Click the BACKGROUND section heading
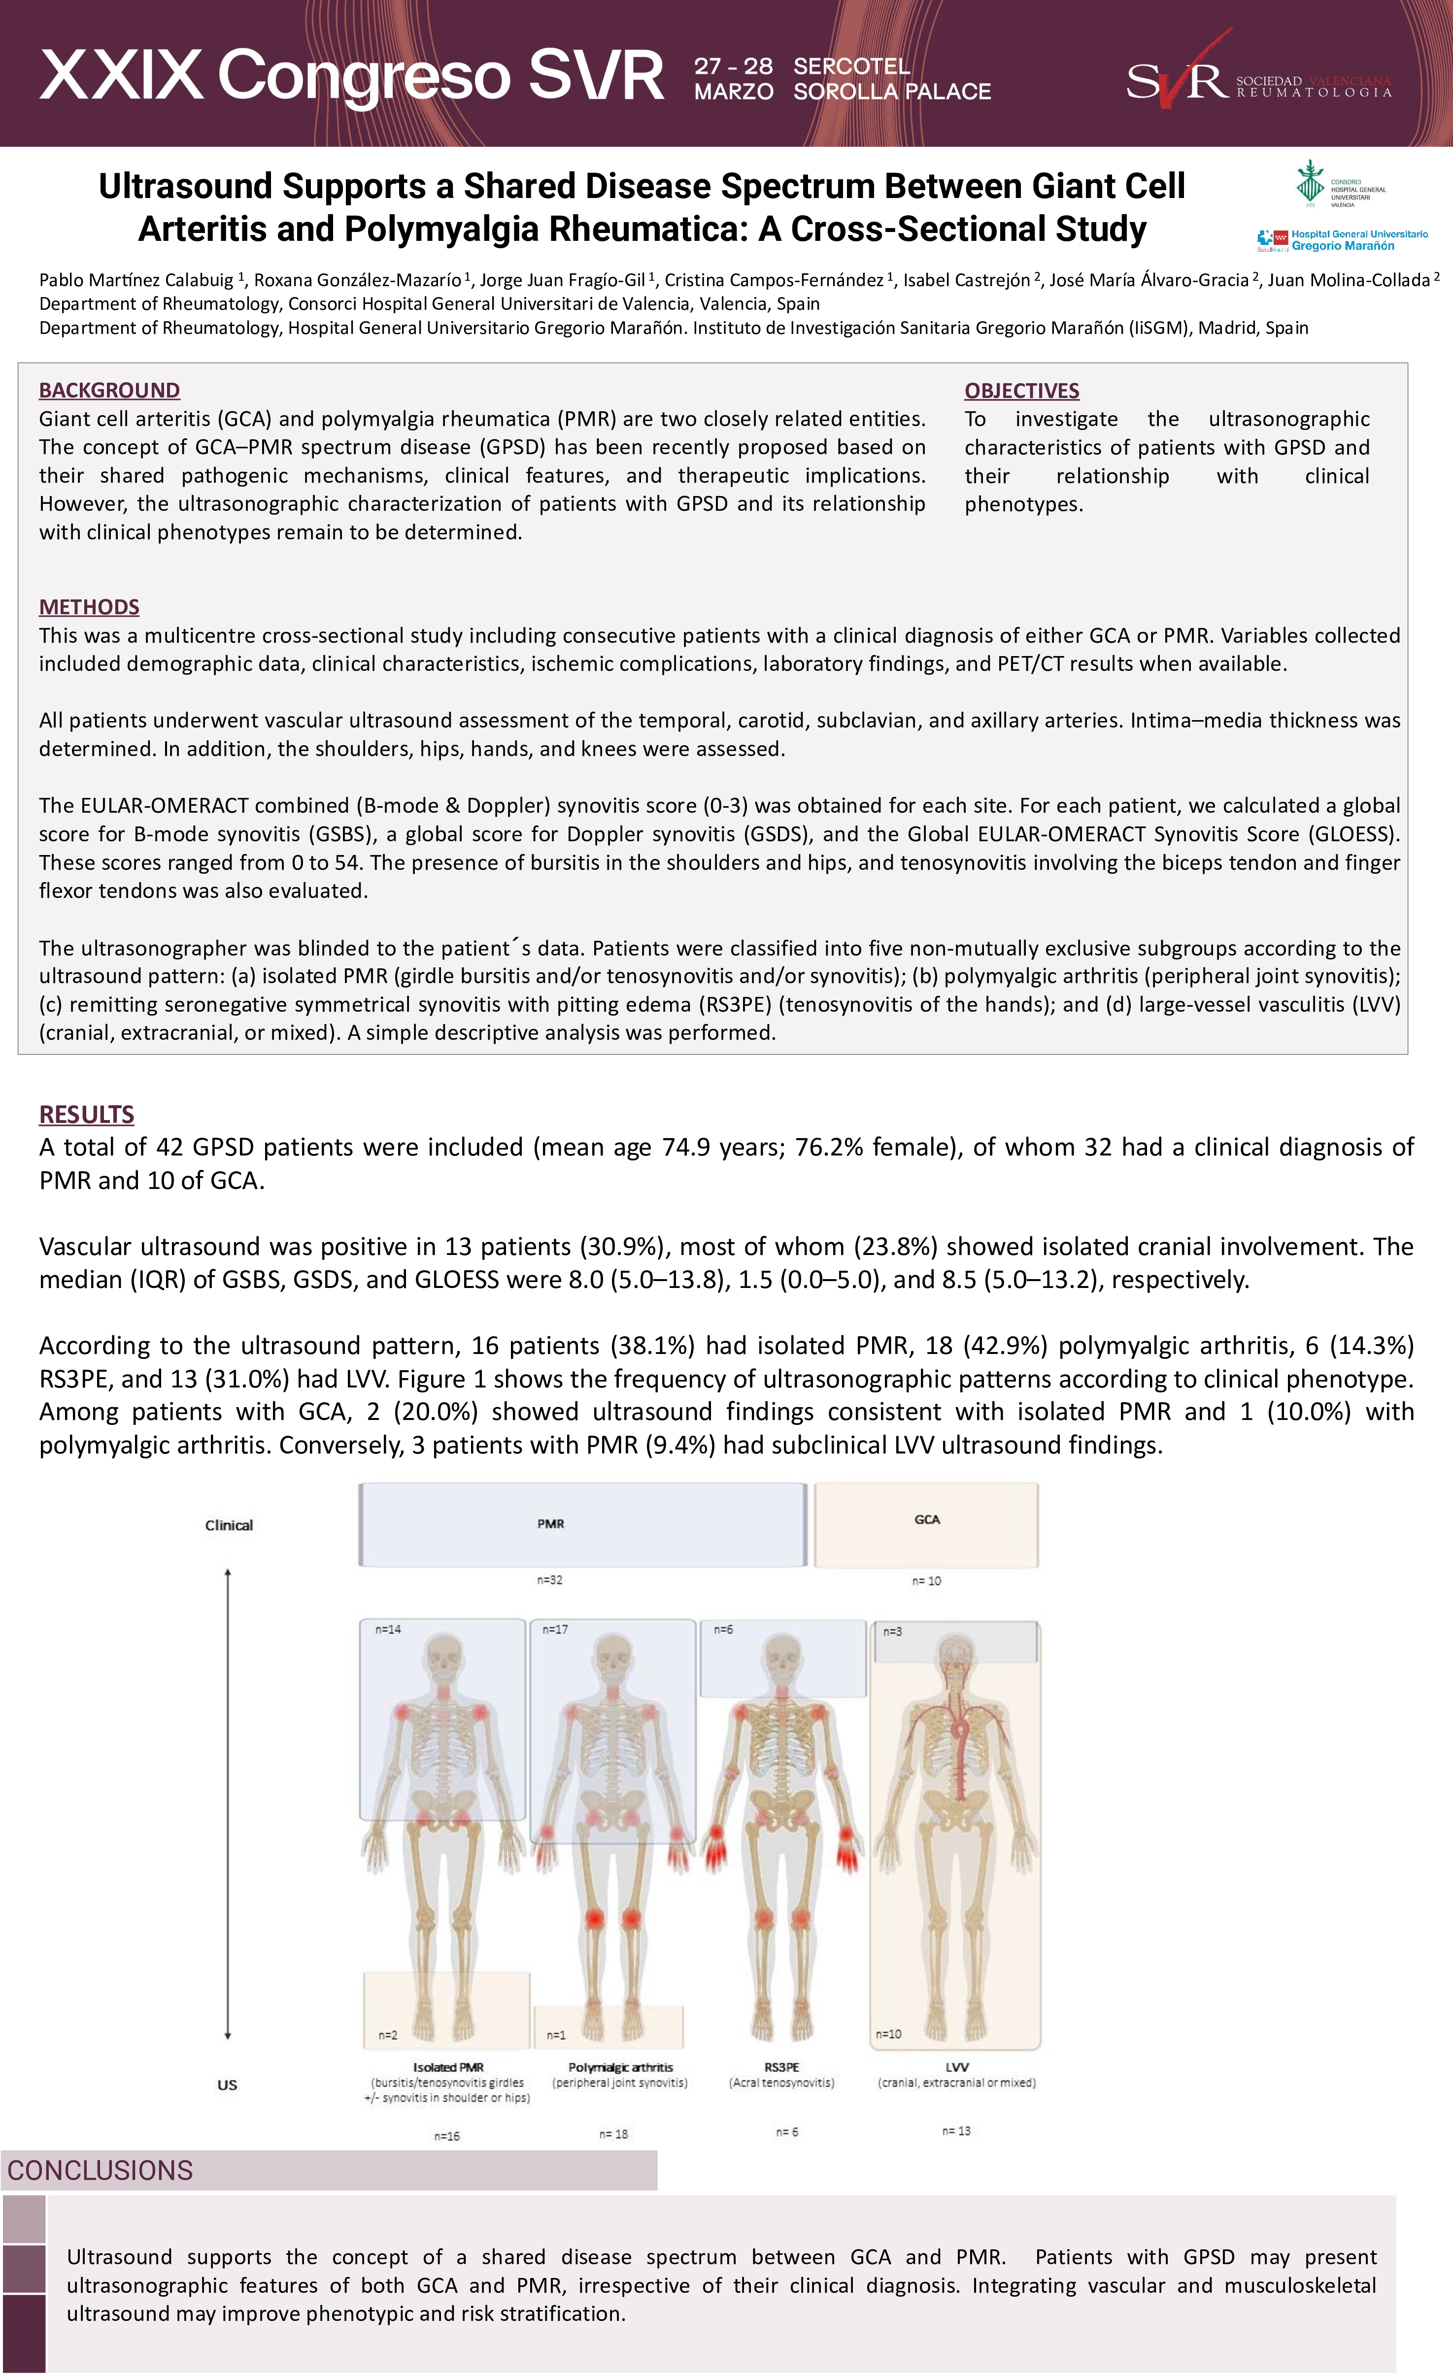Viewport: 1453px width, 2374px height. (x=109, y=390)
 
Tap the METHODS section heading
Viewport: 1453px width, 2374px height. (x=89, y=607)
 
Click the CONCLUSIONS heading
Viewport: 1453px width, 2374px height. (x=100, y=2170)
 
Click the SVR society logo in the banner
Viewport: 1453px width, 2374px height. (x=1257, y=77)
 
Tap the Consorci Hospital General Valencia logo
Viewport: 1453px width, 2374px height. (x=1339, y=183)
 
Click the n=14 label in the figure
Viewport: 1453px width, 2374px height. (x=388, y=1629)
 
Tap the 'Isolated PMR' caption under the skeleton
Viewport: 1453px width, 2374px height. (x=448, y=2067)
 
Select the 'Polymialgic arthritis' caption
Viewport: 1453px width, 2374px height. (x=620, y=2067)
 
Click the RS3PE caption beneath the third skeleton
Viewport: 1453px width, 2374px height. (x=781, y=2067)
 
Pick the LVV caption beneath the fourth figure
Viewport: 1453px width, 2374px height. (x=957, y=2067)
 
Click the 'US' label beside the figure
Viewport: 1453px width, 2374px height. (x=228, y=2085)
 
